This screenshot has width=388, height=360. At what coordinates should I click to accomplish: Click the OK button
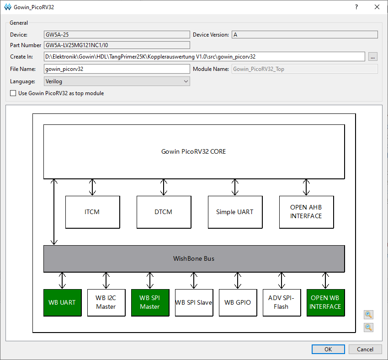pyautogui.click(x=328, y=349)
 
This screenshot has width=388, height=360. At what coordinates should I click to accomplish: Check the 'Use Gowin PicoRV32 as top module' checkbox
pyautogui.click(x=13, y=93)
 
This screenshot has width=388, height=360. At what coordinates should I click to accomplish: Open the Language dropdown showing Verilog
pyautogui.click(x=117, y=81)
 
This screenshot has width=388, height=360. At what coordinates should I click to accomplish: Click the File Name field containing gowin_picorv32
pyautogui.click(x=117, y=69)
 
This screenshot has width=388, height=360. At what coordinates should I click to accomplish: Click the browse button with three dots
pyautogui.click(x=372, y=57)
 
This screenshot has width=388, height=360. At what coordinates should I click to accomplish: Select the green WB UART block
pyautogui.click(x=63, y=302)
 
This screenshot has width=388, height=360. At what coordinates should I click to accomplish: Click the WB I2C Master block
pyautogui.click(x=106, y=302)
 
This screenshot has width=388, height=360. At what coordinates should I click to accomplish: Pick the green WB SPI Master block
pyautogui.click(x=150, y=302)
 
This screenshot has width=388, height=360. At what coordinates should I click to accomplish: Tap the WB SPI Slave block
pyautogui.click(x=194, y=302)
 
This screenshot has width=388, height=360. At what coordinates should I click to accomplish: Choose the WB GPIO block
pyautogui.click(x=238, y=302)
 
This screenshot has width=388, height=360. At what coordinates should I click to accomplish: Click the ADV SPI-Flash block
pyautogui.click(x=282, y=302)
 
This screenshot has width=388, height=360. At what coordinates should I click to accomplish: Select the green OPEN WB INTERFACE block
pyautogui.click(x=326, y=302)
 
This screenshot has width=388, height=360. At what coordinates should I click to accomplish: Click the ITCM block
pyautogui.click(x=93, y=212)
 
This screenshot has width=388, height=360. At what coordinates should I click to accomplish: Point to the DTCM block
pyautogui.click(x=164, y=212)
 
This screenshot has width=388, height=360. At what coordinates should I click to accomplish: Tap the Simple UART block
pyautogui.click(x=235, y=212)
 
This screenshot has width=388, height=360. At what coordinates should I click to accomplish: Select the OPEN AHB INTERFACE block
pyautogui.click(x=306, y=212)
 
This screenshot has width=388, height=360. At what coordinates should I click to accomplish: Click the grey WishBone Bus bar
pyautogui.click(x=194, y=258)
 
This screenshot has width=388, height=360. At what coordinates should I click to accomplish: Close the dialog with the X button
pyautogui.click(x=377, y=7)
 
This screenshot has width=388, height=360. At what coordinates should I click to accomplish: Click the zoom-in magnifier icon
pyautogui.click(x=368, y=315)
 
